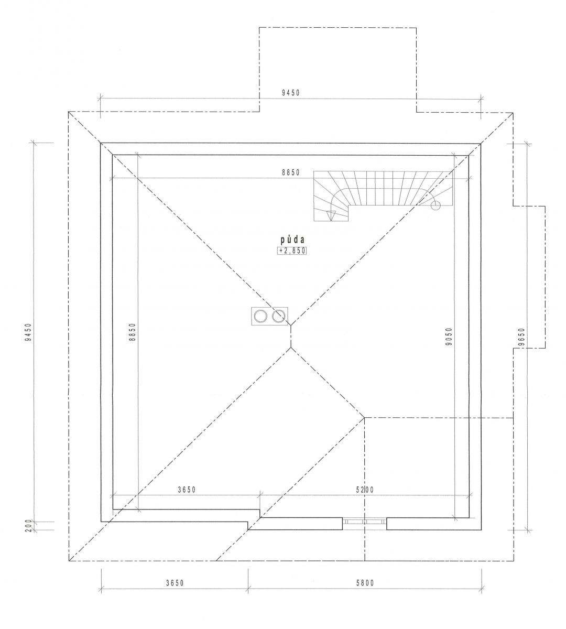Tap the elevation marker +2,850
tap(291, 251)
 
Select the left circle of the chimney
tap(260, 316)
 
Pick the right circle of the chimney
tap(278, 316)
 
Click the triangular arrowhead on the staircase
tap(331, 216)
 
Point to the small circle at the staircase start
tap(436, 205)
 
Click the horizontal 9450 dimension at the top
tap(291, 93)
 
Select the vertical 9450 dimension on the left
tap(28, 332)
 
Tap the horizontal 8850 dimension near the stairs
tap(291, 172)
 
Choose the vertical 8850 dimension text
tap(133, 332)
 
